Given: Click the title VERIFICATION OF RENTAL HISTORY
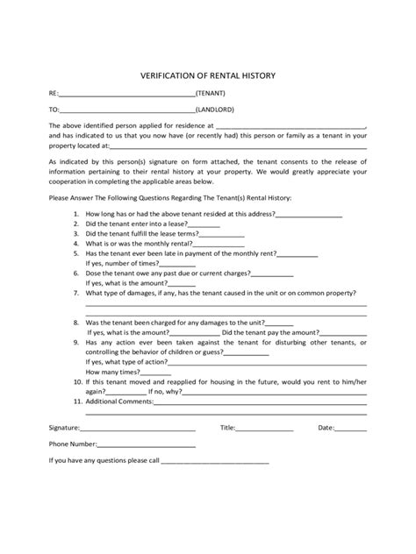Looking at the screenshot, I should pyautogui.click(x=208, y=75).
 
